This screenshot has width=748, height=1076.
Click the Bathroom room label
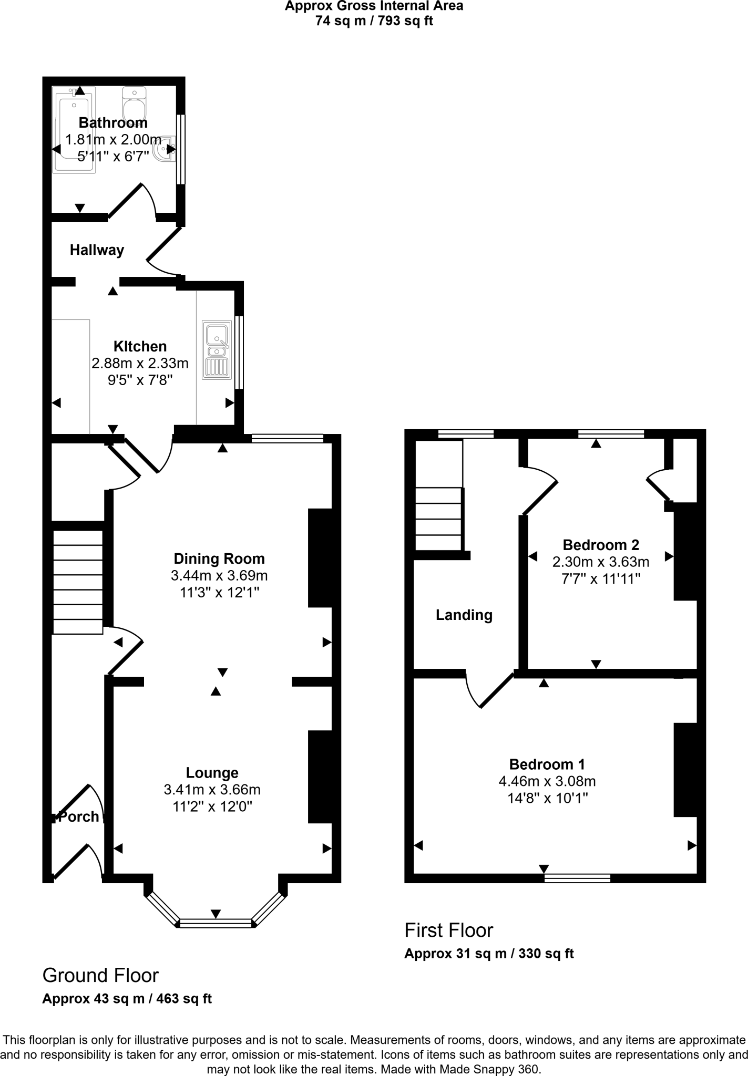coord(113,123)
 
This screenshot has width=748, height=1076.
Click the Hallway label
coord(97,250)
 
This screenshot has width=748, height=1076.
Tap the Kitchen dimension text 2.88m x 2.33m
coord(140,363)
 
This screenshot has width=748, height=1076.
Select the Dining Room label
coord(219,558)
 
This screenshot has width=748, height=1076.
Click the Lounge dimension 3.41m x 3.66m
coord(212,790)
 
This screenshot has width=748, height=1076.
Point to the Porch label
coord(79,817)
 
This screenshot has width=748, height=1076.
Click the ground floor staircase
coord(78,582)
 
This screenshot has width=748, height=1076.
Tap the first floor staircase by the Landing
coord(438,519)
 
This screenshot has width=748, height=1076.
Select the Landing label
coord(464,615)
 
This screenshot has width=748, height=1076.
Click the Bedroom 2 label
coord(600,545)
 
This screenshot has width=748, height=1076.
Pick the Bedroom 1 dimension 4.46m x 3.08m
coord(547,781)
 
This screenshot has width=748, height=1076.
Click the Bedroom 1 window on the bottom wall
coord(577,878)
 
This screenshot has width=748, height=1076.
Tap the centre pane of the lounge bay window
coord(216,923)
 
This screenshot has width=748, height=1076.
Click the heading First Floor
coord(448,930)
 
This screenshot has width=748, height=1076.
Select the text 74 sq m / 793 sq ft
coord(374,21)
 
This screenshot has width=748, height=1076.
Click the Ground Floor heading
coord(100,976)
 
